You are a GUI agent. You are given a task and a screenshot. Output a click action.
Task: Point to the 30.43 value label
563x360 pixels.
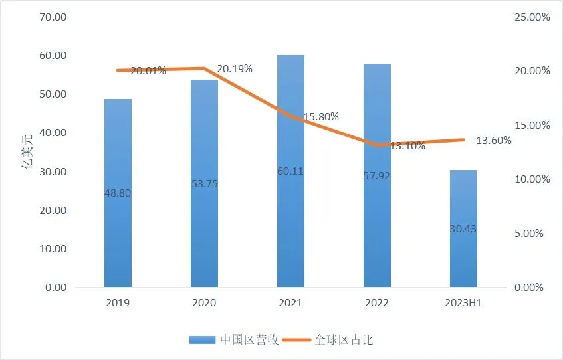(463, 228)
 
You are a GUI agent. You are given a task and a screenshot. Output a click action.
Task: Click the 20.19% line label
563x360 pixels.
(235, 68)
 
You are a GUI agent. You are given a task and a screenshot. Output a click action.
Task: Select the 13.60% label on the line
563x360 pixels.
(494, 140)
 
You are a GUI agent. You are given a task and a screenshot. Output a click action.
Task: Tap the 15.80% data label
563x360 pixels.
(321, 116)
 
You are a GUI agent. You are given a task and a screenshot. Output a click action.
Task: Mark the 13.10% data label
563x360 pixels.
(407, 146)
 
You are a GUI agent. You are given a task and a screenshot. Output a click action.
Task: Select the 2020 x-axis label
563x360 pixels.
(204, 303)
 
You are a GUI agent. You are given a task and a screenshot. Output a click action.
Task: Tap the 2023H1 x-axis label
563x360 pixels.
(463, 303)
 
